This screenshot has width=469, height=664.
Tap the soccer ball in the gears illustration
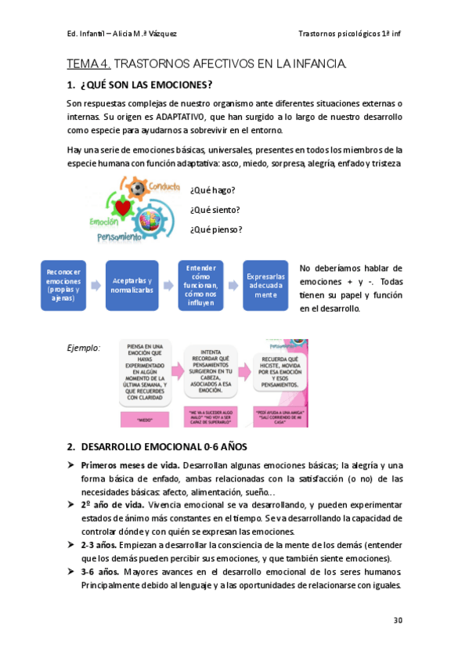(138, 189)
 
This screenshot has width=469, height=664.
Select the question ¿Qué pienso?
(216, 229)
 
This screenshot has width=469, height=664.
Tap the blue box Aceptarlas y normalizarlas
(132, 286)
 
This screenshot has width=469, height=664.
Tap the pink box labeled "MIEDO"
(144, 419)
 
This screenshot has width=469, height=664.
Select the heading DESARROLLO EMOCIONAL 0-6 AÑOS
(164, 447)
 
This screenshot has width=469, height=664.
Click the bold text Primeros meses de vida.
(130, 465)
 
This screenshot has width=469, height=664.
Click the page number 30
(398, 620)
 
